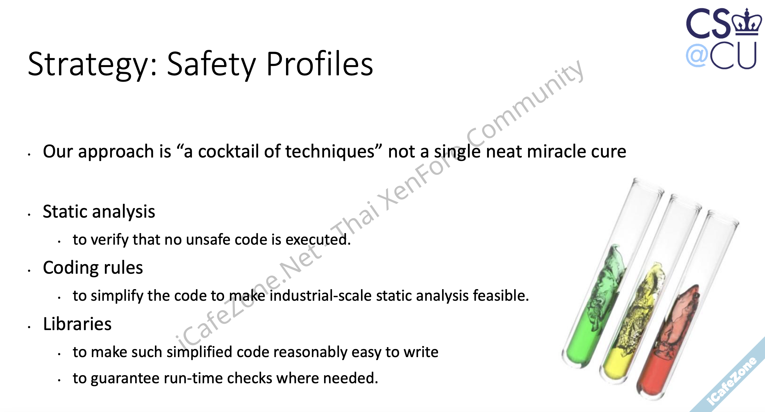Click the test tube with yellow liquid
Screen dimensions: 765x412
click(x=652, y=289)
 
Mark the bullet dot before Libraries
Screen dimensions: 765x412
click(x=29, y=327)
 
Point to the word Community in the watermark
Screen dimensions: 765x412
click(x=524, y=101)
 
